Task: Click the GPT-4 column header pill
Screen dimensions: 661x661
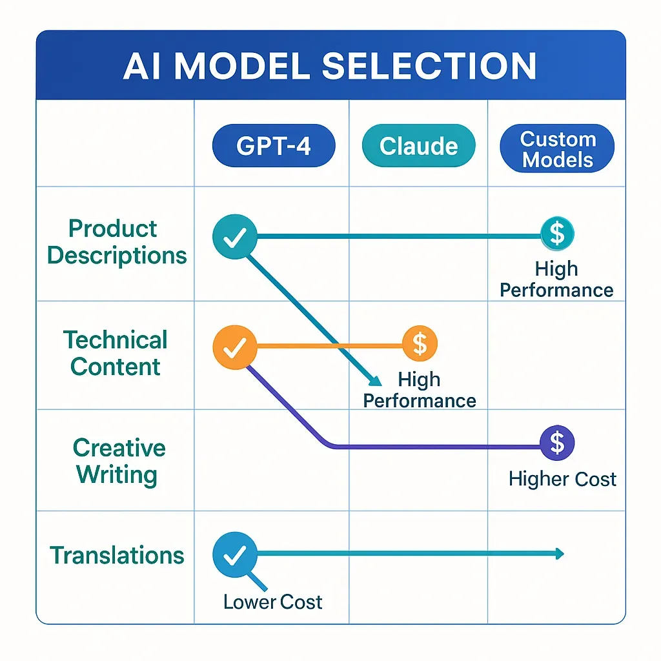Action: coord(274,147)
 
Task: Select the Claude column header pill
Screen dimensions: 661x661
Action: coord(418,147)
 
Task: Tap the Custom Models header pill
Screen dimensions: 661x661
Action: coord(558,149)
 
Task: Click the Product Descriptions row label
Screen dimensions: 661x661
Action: coord(116,242)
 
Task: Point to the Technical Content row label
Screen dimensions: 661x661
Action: coord(115,353)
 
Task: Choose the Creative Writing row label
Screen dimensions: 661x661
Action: coord(116,461)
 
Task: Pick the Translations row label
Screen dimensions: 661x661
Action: coord(117,555)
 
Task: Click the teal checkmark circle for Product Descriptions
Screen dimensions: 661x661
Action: coord(234,237)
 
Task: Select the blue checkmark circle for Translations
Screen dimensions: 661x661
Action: coord(234,553)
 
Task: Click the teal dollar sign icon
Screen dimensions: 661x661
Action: coord(556,234)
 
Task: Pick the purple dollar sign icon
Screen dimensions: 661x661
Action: coord(556,443)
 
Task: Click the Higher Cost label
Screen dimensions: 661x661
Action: coord(562,479)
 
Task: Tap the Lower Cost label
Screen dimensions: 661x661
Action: coord(272,602)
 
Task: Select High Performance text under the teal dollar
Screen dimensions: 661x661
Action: coord(556,279)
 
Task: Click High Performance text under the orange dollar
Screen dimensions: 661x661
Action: coord(420,389)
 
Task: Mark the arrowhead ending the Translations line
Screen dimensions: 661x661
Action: coord(559,553)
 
